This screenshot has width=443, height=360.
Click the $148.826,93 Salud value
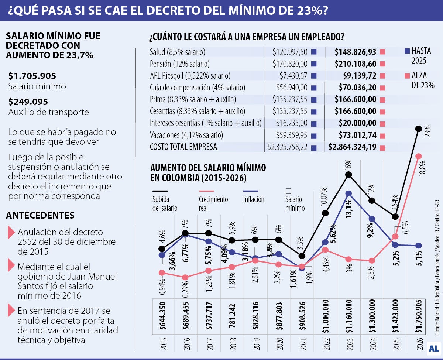pos(355,52)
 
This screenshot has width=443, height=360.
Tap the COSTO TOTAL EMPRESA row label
pos(183,147)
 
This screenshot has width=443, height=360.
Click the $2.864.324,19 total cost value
pos(352,147)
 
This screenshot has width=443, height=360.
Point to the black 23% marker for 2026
pos(418,129)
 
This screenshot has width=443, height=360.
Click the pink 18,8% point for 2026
pos(418,157)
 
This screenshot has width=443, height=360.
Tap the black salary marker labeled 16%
pos(348,175)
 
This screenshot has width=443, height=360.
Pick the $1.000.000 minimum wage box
pos(325,316)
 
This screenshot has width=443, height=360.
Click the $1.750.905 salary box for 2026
pos(418,316)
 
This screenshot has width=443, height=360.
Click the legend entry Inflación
pos(254,199)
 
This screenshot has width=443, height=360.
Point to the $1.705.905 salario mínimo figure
pos(32,76)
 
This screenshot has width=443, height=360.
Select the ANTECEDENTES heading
pos(40,215)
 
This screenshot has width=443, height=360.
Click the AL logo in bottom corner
pos(433,348)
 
